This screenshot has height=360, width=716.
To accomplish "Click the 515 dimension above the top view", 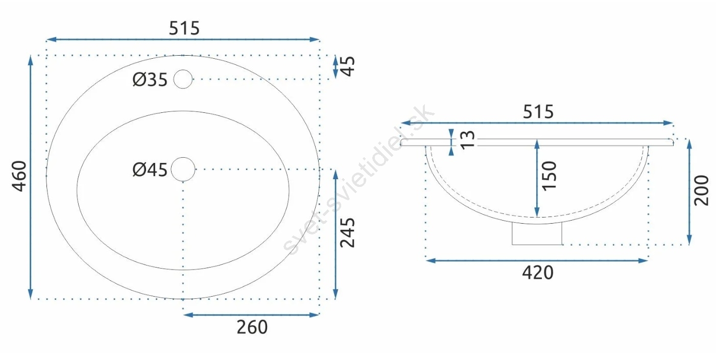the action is click(x=184, y=28).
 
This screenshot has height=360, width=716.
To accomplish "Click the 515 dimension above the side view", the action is click(x=538, y=112).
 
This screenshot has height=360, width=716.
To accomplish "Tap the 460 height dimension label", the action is click(x=19, y=176).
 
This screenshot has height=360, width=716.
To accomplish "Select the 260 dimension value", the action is click(x=252, y=327).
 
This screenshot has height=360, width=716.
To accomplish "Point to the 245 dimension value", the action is click(x=347, y=233).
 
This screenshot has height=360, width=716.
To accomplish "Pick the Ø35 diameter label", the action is click(x=150, y=80).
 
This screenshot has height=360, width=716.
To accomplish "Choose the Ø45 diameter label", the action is click(x=150, y=170).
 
